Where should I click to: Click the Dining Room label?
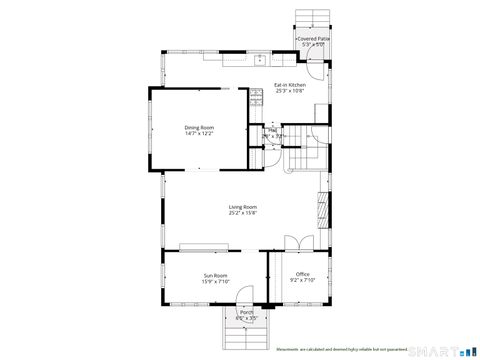(x=199, y=127)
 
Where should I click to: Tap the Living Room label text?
(x=242, y=207)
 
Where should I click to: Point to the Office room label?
(x=302, y=275)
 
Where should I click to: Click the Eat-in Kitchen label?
(x=290, y=85)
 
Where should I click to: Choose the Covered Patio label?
(x=313, y=38)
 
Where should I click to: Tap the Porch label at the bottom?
(x=246, y=313)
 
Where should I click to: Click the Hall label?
(x=272, y=130)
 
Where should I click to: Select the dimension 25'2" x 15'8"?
(x=242, y=213)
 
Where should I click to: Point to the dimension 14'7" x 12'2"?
(x=199, y=133)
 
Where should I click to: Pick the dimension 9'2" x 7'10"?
(x=302, y=281)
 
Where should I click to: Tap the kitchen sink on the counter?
(x=256, y=58)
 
